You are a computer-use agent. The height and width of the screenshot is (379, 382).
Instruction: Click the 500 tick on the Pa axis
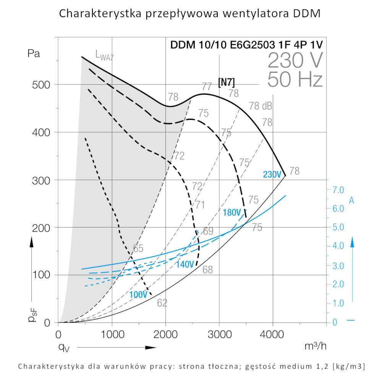(x=40, y=84)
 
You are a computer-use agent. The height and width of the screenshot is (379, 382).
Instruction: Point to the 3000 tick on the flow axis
(x=219, y=334)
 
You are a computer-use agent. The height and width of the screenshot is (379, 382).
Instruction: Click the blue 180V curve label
(x=232, y=213)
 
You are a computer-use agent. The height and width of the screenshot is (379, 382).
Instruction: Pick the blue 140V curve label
(x=185, y=264)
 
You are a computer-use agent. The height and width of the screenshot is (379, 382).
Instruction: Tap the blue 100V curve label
(x=138, y=295)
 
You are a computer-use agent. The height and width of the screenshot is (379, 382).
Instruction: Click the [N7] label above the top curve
(x=226, y=82)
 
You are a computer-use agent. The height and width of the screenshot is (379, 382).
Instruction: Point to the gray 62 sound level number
(x=162, y=303)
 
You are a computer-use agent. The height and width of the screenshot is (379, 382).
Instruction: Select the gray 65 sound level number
(x=138, y=248)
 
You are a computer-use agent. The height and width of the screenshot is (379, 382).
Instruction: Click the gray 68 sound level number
(x=207, y=270)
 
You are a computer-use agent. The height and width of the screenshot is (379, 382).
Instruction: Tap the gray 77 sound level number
(x=207, y=86)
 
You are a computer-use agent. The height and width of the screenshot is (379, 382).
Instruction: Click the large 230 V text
(x=295, y=60)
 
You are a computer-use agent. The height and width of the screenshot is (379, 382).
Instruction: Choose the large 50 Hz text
(x=295, y=79)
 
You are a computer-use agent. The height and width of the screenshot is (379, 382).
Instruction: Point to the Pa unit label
(x=34, y=53)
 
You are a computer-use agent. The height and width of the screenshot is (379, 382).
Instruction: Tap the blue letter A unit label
(x=352, y=200)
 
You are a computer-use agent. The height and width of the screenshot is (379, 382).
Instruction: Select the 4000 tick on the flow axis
(x=273, y=334)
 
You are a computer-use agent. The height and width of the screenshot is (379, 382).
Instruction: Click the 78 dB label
(x=261, y=106)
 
